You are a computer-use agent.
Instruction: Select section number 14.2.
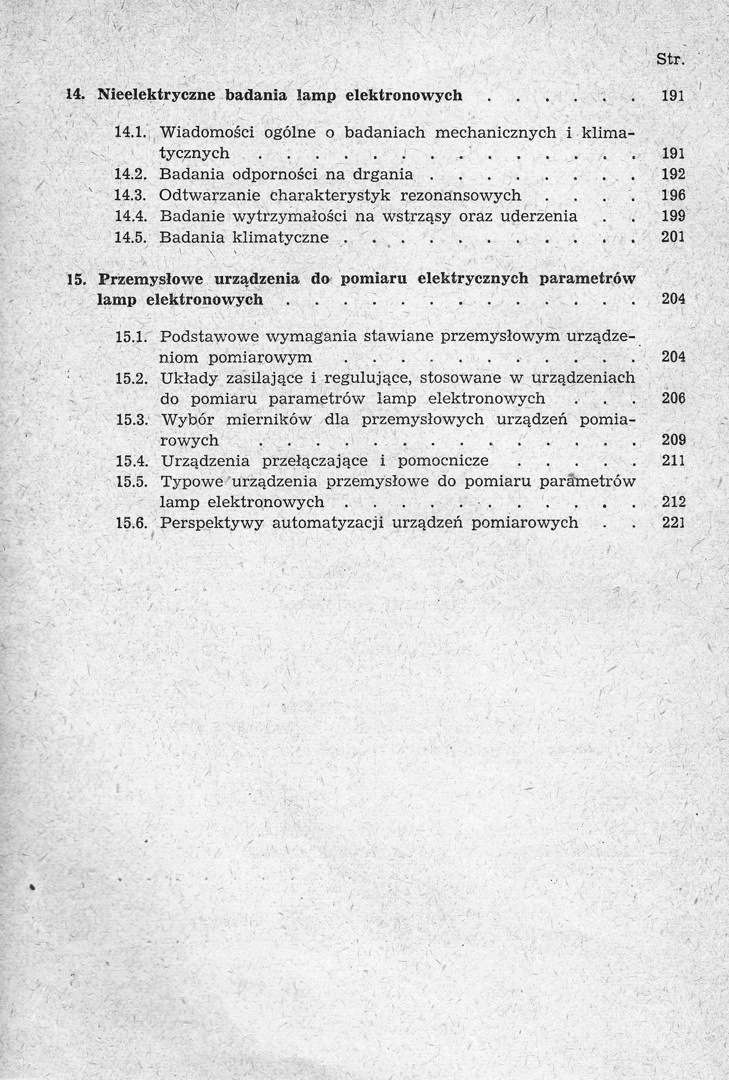point(131,174)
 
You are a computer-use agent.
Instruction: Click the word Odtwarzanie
point(210,195)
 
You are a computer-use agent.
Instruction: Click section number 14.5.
point(131,237)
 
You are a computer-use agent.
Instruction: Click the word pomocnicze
point(443,461)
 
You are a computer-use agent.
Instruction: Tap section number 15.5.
point(131,481)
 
